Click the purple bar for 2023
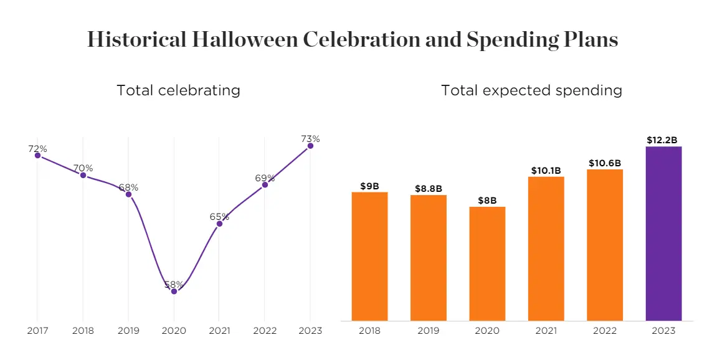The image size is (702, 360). pyautogui.click(x=663, y=234)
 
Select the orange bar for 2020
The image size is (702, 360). pyautogui.click(x=487, y=263)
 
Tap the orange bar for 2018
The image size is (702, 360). pyautogui.click(x=369, y=256)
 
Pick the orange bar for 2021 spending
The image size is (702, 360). pyautogui.click(x=546, y=249)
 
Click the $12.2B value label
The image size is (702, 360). pyautogui.click(x=663, y=140)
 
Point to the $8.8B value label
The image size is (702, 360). pyautogui.click(x=429, y=189)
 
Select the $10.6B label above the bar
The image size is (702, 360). pyautogui.click(x=605, y=163)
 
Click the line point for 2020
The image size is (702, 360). pyautogui.click(x=174, y=291)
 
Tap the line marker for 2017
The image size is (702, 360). pyautogui.click(x=37, y=155)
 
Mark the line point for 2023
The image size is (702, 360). pyautogui.click(x=310, y=146)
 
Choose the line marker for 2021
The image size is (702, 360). pyautogui.click(x=219, y=224)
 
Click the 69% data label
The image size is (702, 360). pyautogui.click(x=265, y=178)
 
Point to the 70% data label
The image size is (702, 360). pyautogui.click(x=83, y=168)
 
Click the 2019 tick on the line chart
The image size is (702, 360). pyautogui.click(x=128, y=331)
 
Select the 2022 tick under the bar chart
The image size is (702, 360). pyautogui.click(x=605, y=331)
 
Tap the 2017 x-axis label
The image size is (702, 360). pyautogui.click(x=37, y=331)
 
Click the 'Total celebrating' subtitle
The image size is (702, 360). pyautogui.click(x=178, y=90)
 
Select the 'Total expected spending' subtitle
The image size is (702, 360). pyautogui.click(x=531, y=90)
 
